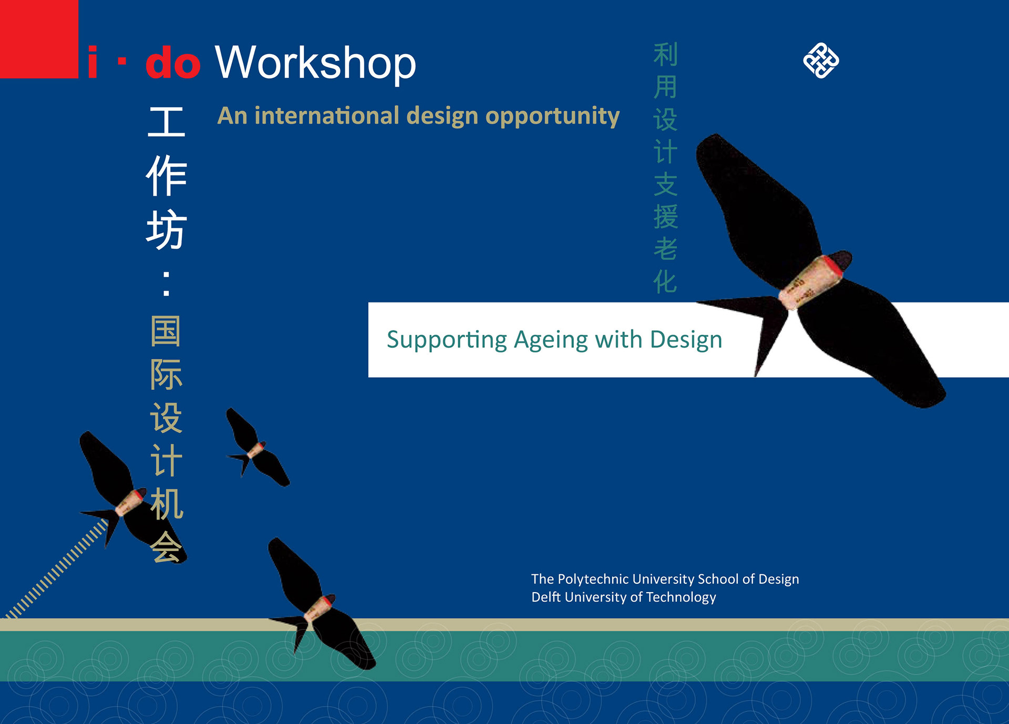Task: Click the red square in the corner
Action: pyautogui.click(x=39, y=39)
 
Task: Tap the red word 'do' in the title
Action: pyautogui.click(x=173, y=63)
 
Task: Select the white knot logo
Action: pyautogui.click(x=821, y=60)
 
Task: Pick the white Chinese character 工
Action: pyautogui.click(x=166, y=121)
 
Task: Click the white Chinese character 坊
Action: pyautogui.click(x=166, y=230)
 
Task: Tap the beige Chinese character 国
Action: pyautogui.click(x=166, y=331)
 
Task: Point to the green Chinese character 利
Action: pyautogui.click(x=665, y=55)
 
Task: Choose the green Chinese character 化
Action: pyautogui.click(x=665, y=282)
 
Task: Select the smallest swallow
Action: pyautogui.click(x=257, y=447)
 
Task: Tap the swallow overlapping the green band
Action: pyautogui.click(x=321, y=604)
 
